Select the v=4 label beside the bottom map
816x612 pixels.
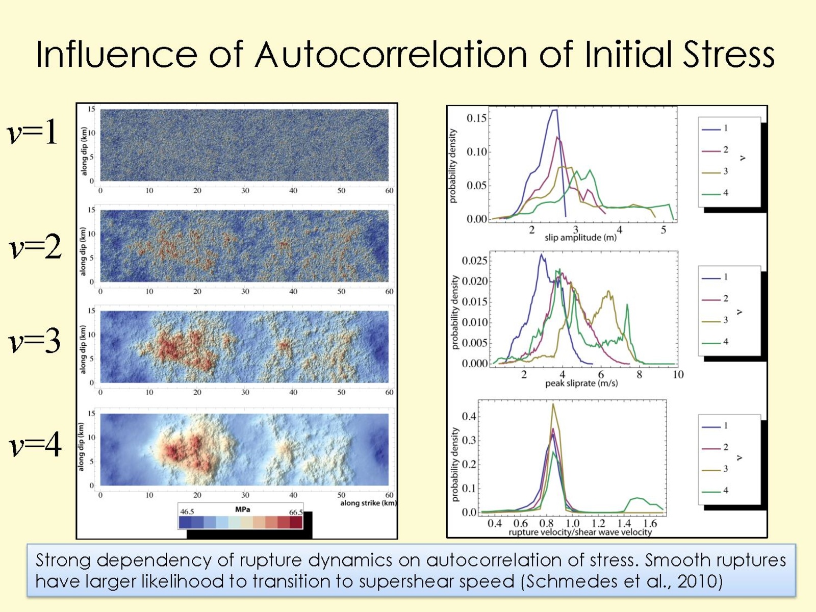click(x=35, y=444)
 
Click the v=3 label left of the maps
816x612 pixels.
click(x=35, y=340)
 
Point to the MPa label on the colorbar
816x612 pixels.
click(x=242, y=509)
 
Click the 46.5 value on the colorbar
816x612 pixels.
click(x=187, y=512)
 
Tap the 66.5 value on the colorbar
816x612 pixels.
click(x=296, y=512)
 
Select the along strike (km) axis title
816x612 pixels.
click(x=368, y=503)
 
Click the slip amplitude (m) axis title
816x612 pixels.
click(x=580, y=238)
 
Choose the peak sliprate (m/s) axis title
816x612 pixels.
click(x=581, y=384)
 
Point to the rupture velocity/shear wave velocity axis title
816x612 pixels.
click(x=580, y=532)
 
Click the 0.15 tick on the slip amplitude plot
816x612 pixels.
click(x=477, y=118)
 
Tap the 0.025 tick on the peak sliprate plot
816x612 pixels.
click(x=475, y=261)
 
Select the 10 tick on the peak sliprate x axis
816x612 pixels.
click(x=678, y=375)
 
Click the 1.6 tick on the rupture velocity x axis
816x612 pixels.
click(x=650, y=524)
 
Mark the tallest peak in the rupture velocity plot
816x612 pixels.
click(x=553, y=404)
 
